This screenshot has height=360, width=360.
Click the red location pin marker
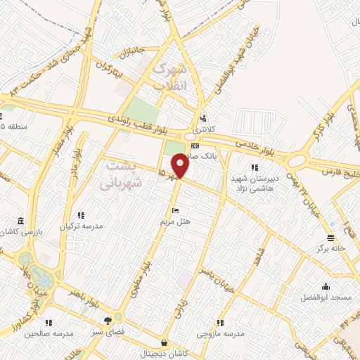(181, 165)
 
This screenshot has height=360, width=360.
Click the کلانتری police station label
(203, 129)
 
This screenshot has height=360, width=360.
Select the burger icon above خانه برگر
(330, 238)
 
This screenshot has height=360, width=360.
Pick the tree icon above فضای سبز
(107, 318)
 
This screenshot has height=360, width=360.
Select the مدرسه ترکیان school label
(82, 227)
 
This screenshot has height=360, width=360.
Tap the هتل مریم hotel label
(176, 221)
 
